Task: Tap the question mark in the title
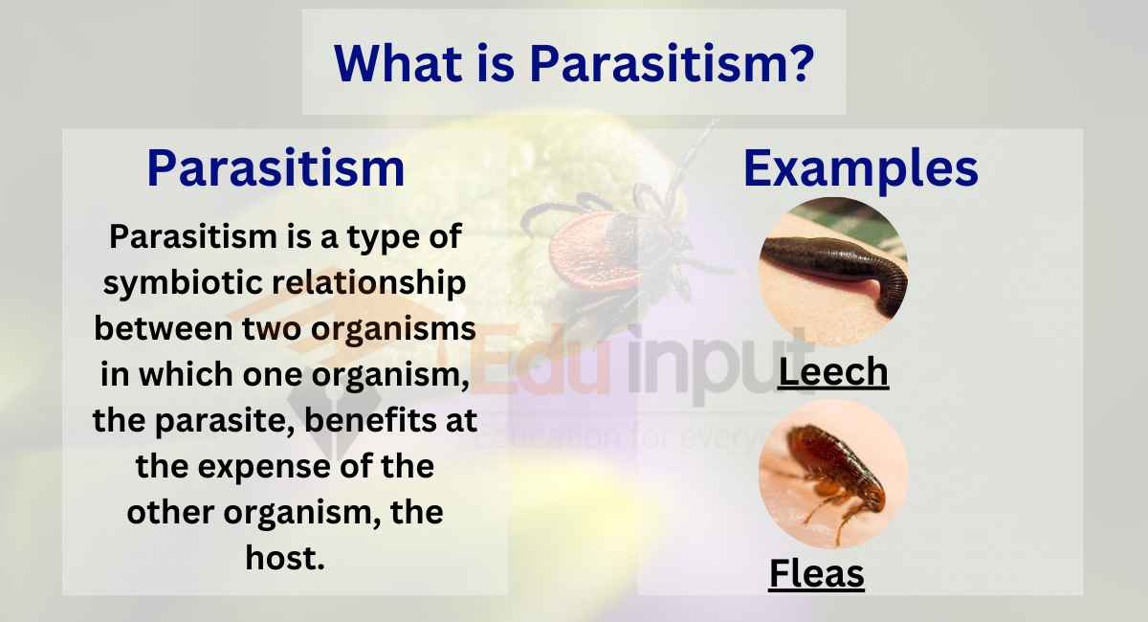(x=801, y=63)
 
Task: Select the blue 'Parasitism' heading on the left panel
(x=276, y=168)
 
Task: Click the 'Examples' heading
(x=860, y=168)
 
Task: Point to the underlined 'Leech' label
(x=833, y=372)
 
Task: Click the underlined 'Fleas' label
(x=817, y=574)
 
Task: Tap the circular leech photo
(x=832, y=271)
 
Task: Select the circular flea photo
(x=832, y=474)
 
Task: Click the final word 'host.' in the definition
(x=285, y=558)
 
